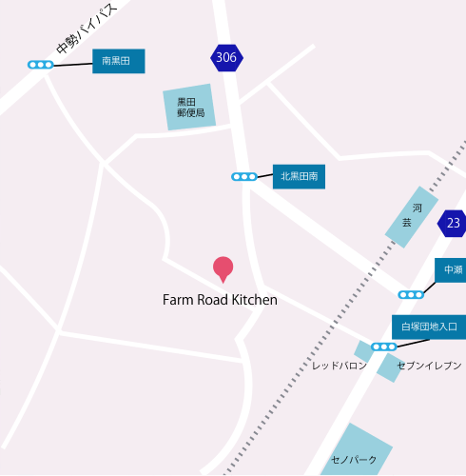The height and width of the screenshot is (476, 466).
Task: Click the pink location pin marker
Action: tap(223, 268)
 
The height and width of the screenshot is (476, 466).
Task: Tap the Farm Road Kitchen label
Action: tap(220, 300)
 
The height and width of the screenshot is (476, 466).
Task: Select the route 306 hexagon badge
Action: tap(226, 58)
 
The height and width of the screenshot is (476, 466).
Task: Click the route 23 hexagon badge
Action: tap(453, 224)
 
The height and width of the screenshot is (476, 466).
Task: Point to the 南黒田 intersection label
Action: tap(118, 62)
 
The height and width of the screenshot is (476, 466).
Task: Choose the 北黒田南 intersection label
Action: tap(300, 175)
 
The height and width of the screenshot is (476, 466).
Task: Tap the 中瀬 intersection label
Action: tap(451, 270)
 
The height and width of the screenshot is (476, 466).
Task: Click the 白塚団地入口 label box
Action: tap(429, 327)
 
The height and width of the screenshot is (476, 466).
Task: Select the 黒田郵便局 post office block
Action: tap(188, 108)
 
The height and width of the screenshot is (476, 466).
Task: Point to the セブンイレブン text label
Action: tap(429, 366)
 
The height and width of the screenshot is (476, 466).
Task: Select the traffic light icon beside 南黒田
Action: tap(40, 65)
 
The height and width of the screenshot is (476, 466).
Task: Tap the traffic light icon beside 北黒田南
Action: tap(244, 176)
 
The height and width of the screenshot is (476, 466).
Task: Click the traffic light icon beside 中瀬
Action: tap(411, 294)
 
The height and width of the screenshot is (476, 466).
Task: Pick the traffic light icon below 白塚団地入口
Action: tap(383, 347)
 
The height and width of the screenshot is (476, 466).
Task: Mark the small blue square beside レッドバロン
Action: tap(362, 351)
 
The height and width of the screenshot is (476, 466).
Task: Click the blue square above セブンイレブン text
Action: tap(389, 368)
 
